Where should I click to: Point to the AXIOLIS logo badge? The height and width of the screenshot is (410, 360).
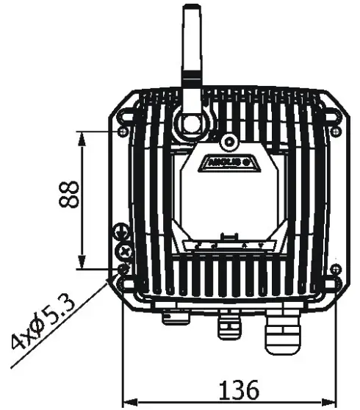[x=229, y=160]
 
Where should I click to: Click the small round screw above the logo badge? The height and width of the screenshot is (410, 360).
[x=229, y=140]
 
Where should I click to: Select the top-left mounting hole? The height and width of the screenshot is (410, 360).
[x=123, y=131]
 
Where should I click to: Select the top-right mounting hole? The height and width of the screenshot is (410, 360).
[x=336, y=131]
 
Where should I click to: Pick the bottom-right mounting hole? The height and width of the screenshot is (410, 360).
[x=336, y=270]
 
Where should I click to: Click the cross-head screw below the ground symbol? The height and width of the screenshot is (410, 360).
[x=125, y=251]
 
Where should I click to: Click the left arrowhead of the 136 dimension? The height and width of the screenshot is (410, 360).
[x=126, y=402]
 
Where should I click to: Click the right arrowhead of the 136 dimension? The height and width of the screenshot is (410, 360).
[x=331, y=402]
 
